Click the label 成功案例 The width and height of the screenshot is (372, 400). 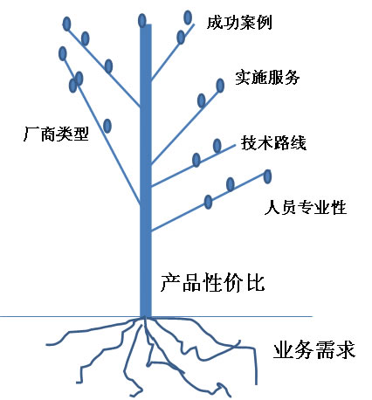[239, 23]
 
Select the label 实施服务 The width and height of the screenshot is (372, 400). [267, 77]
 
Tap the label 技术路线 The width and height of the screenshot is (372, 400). [273, 142]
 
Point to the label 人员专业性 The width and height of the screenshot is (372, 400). [306, 207]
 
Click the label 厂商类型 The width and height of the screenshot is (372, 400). [56, 134]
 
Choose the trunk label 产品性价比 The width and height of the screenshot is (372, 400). [212, 282]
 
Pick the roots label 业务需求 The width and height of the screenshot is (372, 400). [314, 349]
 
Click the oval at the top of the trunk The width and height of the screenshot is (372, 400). [141, 21]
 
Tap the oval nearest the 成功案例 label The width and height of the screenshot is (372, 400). [188, 17]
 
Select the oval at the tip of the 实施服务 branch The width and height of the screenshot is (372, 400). [220, 86]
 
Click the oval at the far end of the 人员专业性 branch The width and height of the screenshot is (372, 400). [267, 176]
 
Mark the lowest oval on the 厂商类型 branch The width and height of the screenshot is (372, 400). [107, 126]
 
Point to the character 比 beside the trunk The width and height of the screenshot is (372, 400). [256, 282]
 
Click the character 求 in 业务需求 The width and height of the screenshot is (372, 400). [346, 349]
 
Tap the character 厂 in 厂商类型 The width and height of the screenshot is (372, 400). [31, 134]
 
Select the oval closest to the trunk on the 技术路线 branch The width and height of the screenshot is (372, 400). [196, 160]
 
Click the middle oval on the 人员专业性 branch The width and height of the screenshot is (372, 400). [231, 184]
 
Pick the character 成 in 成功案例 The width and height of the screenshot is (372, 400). [215, 23]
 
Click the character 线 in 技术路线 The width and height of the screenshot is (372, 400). [298, 142]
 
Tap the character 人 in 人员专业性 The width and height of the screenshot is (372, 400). [272, 207]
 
